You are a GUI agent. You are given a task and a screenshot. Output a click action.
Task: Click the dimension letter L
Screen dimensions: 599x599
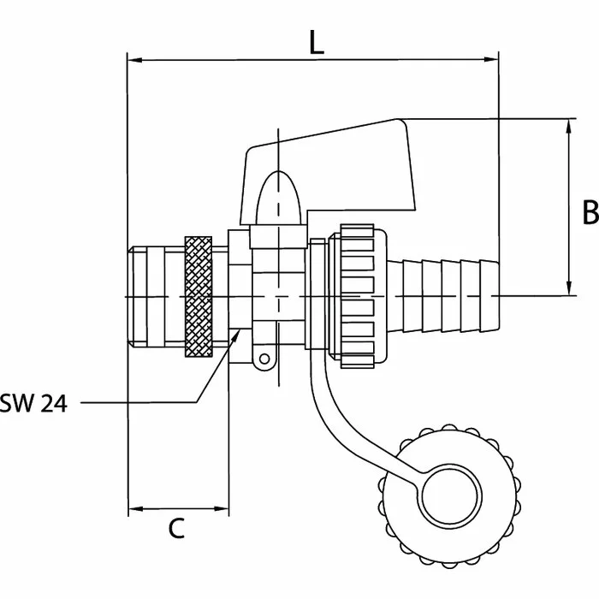click(317, 42)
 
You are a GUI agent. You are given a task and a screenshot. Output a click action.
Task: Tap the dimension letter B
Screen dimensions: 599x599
click(590, 211)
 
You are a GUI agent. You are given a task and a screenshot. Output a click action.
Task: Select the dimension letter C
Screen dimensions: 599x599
click(176, 528)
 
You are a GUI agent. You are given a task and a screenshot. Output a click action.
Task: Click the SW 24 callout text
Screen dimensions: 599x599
click(33, 403)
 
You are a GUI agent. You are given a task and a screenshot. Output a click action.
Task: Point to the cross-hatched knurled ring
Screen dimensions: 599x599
click(199, 297)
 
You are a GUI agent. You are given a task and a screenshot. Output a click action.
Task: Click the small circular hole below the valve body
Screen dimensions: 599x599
click(264, 359)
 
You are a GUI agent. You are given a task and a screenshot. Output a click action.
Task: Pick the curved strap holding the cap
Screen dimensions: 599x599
click(344, 426)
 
